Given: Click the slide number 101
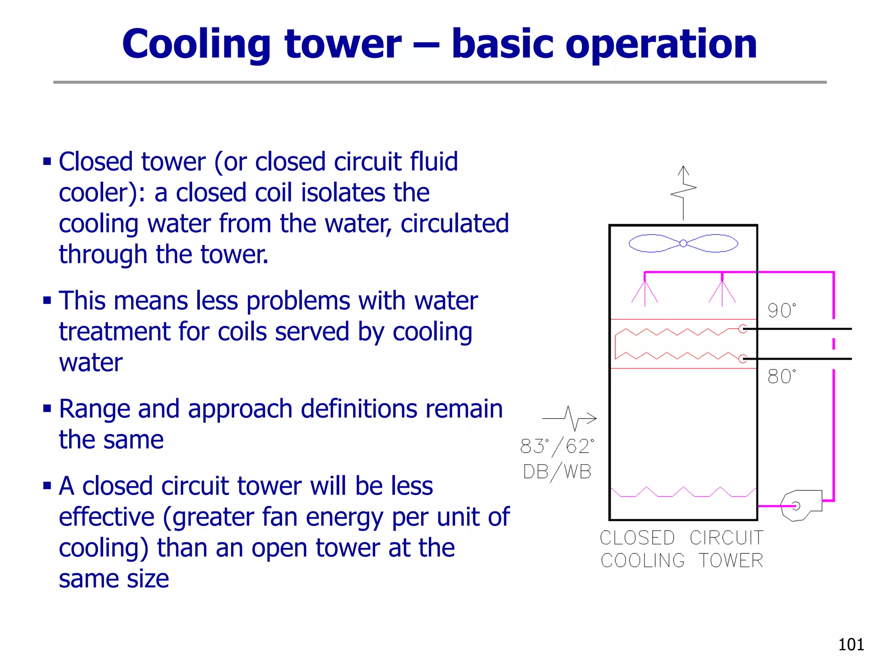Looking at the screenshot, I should (851, 645).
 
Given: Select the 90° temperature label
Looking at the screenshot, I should (781, 311).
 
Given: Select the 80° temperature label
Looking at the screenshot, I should (781, 376).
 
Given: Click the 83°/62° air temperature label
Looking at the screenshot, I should (557, 447).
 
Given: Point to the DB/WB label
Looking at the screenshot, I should (557, 472).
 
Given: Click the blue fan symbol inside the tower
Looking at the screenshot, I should (683, 243).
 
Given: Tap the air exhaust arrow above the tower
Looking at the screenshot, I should (683, 193).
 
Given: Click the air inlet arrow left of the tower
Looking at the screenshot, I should (570, 418).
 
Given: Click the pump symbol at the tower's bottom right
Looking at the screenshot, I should (800, 505).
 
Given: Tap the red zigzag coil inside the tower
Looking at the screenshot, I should (679, 344).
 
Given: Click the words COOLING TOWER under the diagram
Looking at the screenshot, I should (681, 561).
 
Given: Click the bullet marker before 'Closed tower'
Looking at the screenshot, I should (47, 162).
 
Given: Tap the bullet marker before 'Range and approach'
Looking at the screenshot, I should (47, 408).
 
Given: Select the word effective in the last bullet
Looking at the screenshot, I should (107, 517).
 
